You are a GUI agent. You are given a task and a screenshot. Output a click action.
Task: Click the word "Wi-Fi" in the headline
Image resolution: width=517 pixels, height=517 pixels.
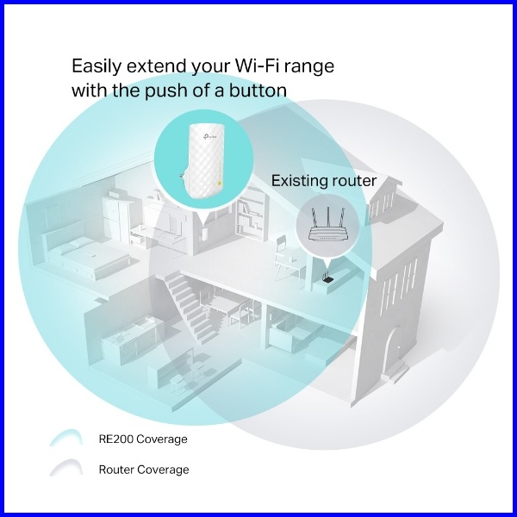coord(252,65)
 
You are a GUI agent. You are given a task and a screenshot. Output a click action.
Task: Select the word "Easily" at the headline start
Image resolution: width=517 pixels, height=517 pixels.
coord(95,65)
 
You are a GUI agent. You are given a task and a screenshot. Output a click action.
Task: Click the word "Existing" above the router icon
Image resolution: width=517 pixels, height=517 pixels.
coord(298,181)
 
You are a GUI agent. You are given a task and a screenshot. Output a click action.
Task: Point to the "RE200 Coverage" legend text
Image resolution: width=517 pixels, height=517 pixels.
coord(142,439)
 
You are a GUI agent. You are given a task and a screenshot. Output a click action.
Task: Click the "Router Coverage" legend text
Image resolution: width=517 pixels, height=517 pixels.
coord(143,470)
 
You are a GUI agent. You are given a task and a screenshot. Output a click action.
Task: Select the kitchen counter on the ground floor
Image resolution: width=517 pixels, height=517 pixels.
coord(129,340)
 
